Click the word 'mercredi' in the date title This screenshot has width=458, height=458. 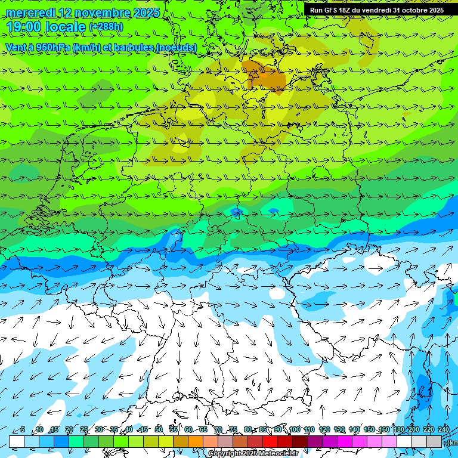click(x=30, y=13)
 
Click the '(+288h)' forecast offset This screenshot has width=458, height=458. click(x=106, y=27)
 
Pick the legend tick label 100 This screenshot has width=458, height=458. click(x=294, y=429)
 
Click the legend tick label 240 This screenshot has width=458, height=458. click(x=444, y=429)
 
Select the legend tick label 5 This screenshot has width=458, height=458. click(x=23, y=429)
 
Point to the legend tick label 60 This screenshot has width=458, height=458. click(x=188, y=429)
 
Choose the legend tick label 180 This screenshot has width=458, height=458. click(x=398, y=429)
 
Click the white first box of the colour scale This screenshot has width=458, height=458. click(x=17, y=441)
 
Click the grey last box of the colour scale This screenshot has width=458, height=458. click(x=434, y=441)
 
